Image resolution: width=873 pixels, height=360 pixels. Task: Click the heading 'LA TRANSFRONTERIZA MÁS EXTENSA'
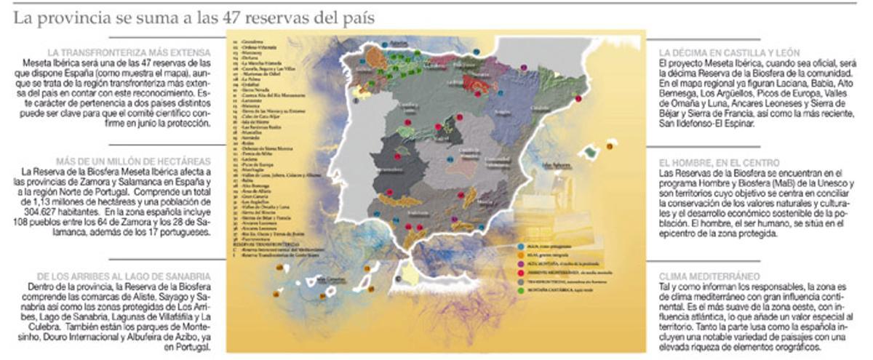point(129,53)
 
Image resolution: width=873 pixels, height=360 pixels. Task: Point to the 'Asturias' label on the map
point(399,44)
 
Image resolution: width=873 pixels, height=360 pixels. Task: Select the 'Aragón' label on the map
point(502,113)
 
